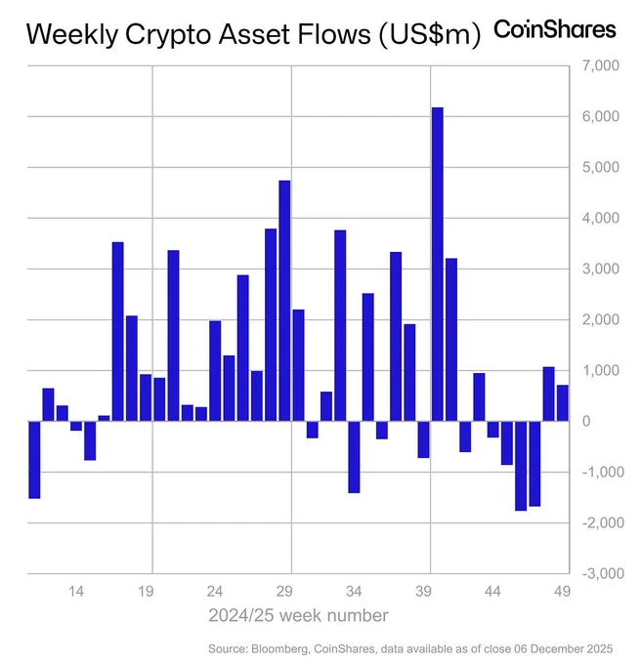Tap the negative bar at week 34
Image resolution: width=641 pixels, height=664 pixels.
click(x=354, y=457)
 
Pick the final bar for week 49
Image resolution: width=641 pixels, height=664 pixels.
click(x=563, y=403)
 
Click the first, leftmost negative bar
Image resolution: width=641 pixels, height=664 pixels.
click(x=34, y=460)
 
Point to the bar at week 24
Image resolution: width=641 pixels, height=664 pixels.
click(x=215, y=371)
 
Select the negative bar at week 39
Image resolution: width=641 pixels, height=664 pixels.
click(x=423, y=439)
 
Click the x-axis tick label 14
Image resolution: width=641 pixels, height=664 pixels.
click(x=76, y=591)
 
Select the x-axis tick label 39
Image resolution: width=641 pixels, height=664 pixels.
click(x=424, y=591)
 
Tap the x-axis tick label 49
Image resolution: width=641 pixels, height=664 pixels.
click(x=563, y=591)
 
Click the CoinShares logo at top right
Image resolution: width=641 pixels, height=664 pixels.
click(x=555, y=29)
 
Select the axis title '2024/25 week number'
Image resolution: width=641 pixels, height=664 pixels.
click(x=297, y=615)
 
